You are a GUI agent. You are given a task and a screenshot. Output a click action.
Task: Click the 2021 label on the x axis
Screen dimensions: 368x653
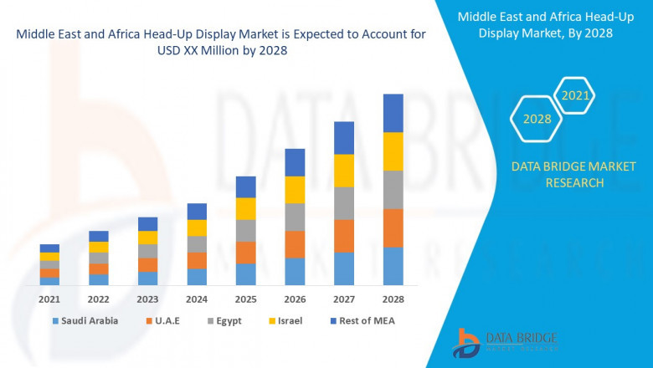click(49, 299)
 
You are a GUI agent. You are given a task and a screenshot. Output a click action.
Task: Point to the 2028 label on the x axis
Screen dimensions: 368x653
click(393, 299)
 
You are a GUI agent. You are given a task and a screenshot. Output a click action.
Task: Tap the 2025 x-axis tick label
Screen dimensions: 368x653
click(245, 299)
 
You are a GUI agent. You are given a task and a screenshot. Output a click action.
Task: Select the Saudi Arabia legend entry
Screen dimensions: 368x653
click(85, 320)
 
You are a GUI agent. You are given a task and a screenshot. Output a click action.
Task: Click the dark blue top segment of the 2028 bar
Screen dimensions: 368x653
click(393, 113)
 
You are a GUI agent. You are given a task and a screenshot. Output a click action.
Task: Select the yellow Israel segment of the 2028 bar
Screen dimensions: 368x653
click(393, 151)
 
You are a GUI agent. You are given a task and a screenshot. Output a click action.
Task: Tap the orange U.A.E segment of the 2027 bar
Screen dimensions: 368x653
click(343, 236)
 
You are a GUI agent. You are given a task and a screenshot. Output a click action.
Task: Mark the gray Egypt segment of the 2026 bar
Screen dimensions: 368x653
click(295, 217)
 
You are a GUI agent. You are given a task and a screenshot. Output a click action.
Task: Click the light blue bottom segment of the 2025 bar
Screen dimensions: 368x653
click(245, 274)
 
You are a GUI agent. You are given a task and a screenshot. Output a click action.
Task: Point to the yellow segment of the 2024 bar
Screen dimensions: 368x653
click(197, 227)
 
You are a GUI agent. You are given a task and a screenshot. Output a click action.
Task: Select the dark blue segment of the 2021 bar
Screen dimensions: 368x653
click(49, 248)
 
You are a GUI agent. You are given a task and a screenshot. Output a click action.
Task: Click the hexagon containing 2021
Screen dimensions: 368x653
click(575, 96)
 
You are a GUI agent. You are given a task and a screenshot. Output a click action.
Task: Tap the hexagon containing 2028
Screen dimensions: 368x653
click(537, 120)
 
